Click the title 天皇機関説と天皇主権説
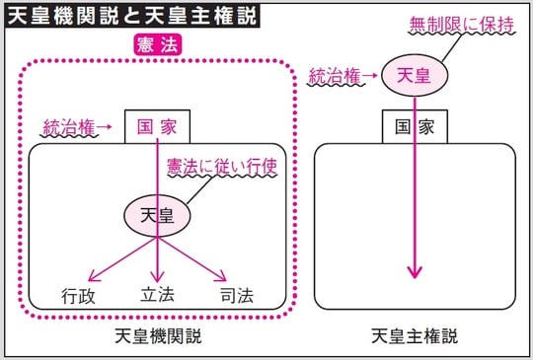[132, 20]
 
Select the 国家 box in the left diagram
[158, 127]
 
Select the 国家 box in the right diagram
[415, 127]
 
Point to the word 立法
[158, 295]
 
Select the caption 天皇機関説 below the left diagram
[158, 336]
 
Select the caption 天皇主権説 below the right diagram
[416, 336]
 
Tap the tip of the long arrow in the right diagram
[415, 276]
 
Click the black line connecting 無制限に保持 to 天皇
[441, 46]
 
